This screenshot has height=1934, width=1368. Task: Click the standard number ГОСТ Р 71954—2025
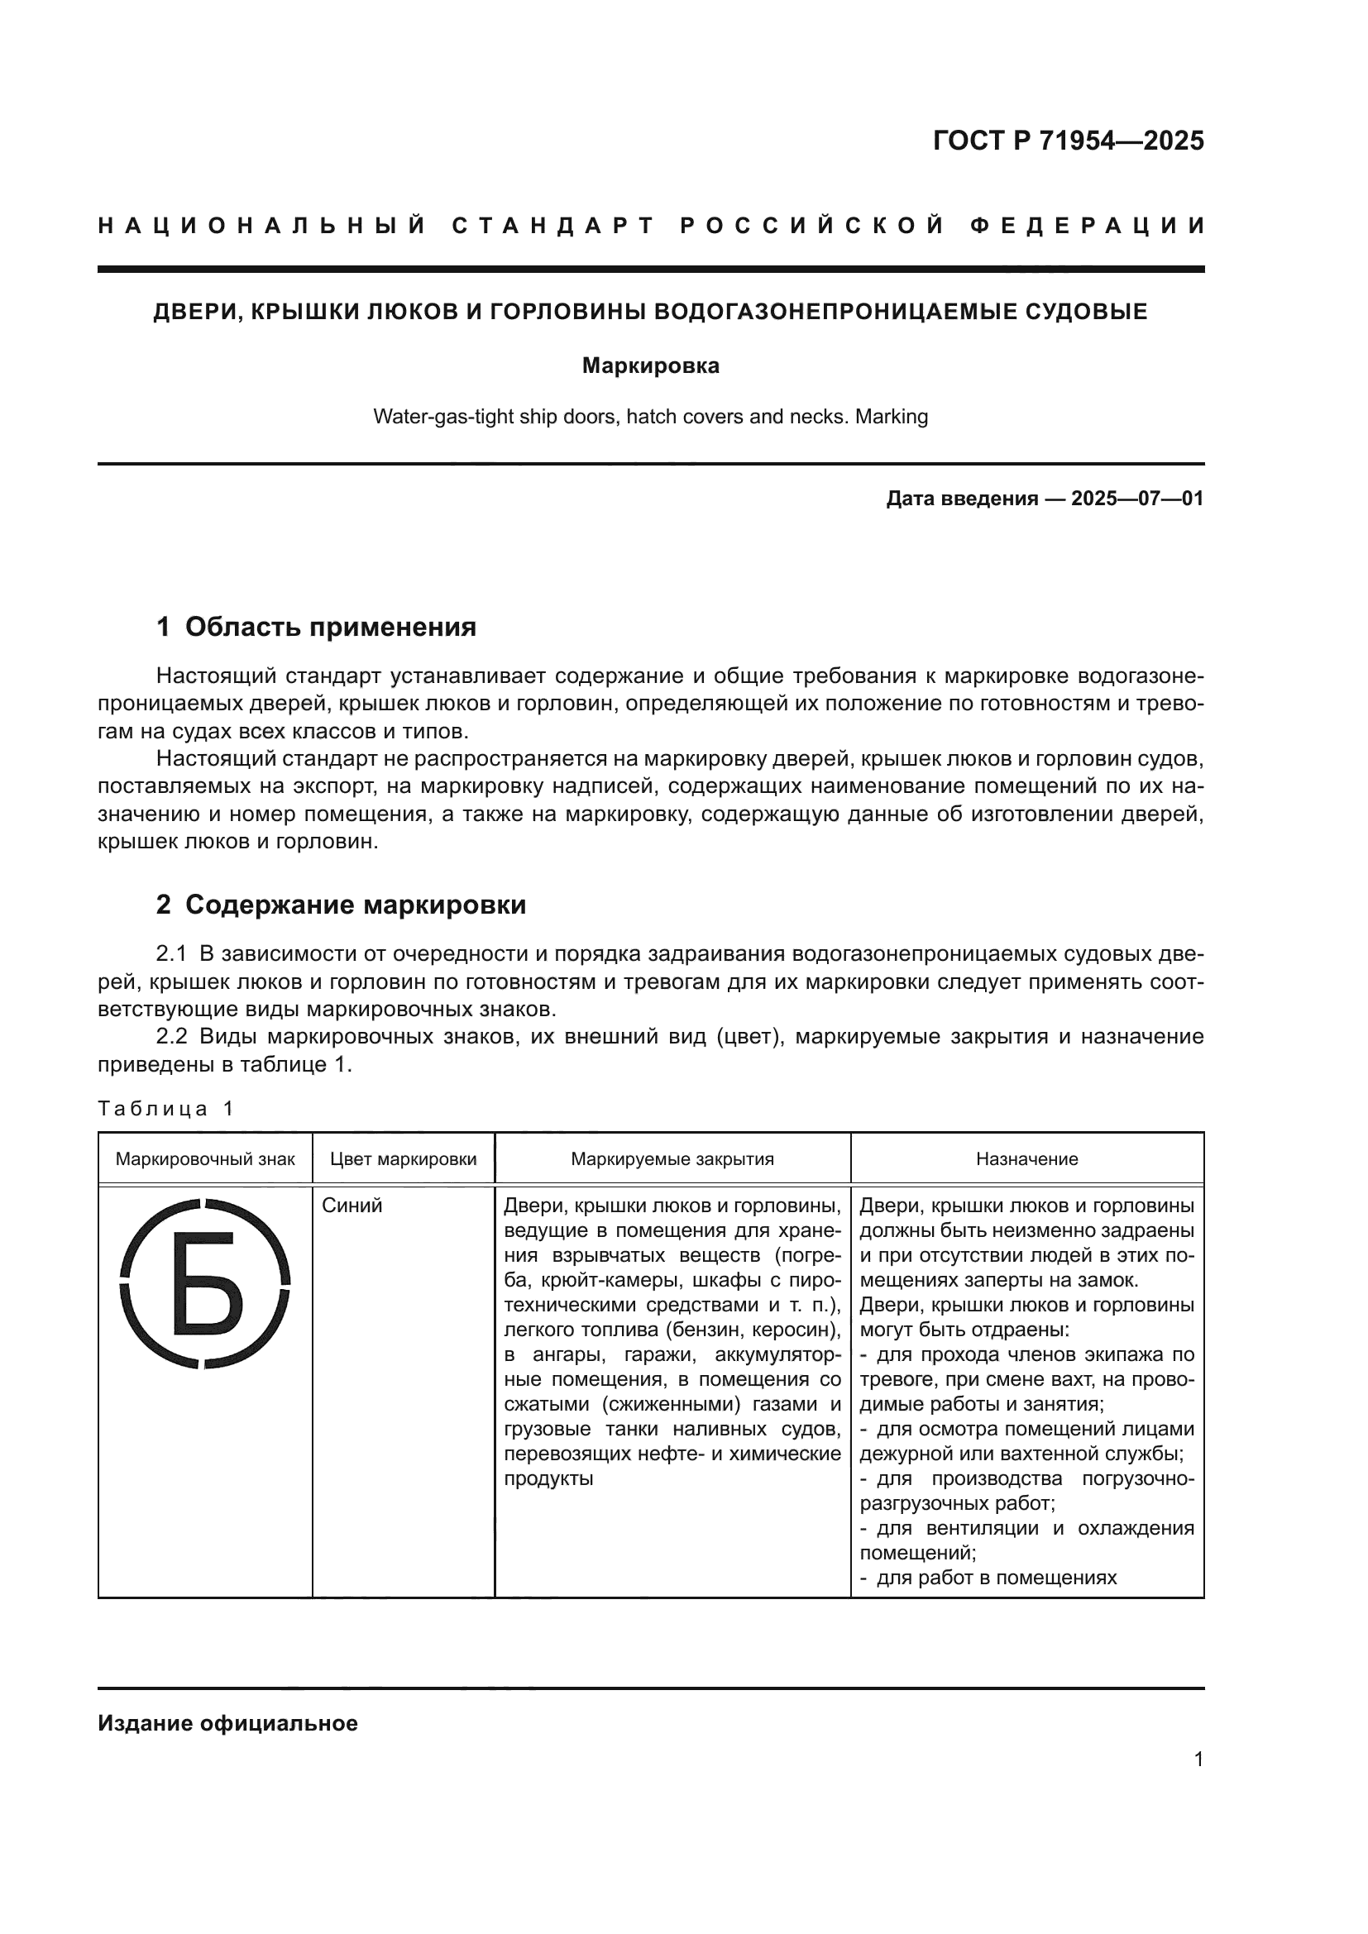click(1068, 141)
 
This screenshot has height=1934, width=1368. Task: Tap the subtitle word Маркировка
click(650, 366)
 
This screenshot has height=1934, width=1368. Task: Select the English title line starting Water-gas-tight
click(650, 417)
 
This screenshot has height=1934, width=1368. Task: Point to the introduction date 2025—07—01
click(1137, 499)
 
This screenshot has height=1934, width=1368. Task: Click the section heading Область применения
click(330, 627)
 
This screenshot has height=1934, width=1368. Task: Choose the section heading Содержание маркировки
click(355, 905)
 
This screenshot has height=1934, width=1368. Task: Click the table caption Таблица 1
click(165, 1109)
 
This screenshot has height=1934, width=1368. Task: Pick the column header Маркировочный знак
click(204, 1159)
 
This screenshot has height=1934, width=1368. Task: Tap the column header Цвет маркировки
click(403, 1159)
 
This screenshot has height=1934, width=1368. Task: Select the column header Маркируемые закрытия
click(672, 1159)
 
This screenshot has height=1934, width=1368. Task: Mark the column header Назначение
click(1027, 1159)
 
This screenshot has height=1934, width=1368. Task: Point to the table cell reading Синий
click(352, 1206)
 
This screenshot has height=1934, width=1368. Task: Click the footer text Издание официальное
click(227, 1723)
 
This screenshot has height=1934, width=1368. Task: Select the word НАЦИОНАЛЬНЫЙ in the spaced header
click(262, 226)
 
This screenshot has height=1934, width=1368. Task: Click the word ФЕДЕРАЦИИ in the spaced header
click(1088, 226)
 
